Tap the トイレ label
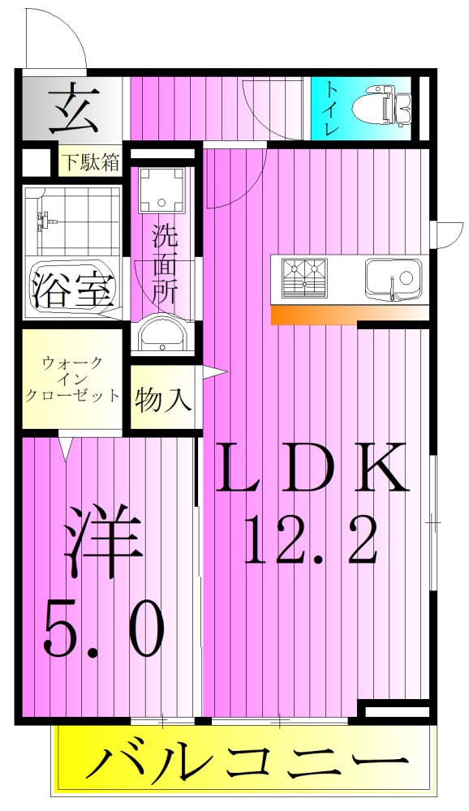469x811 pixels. point(331,107)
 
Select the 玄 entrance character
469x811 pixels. point(72,109)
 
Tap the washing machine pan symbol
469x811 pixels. point(162,191)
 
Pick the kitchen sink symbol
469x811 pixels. point(392,277)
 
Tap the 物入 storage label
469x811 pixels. point(163,400)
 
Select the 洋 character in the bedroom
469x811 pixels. point(103,540)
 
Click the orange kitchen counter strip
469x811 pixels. point(349,315)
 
